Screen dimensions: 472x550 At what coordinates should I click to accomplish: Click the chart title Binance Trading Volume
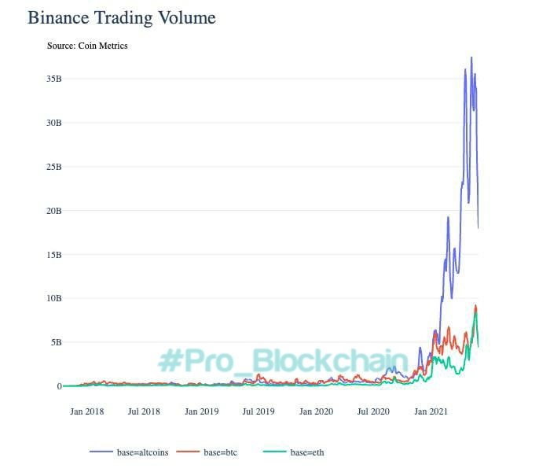tap(122, 17)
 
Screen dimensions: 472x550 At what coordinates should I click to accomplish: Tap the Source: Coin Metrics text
tap(87, 46)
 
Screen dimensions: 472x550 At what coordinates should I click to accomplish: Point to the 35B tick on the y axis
tap(53, 79)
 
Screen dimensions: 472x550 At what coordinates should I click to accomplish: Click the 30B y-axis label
tap(53, 123)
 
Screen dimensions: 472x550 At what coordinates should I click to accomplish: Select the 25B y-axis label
tap(53, 167)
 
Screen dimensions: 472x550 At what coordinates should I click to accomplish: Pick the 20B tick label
tap(53, 211)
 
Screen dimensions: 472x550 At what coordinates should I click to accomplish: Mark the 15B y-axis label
tap(53, 255)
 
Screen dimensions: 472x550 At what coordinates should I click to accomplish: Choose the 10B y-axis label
tap(53, 298)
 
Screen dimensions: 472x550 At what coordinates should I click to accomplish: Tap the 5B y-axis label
tap(56, 342)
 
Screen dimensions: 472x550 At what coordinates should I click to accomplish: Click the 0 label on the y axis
tap(58, 386)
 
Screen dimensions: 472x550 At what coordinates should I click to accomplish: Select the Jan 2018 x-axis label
tap(87, 411)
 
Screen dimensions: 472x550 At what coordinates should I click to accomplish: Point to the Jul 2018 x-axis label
tap(144, 411)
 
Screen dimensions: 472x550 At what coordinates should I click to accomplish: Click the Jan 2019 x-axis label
tap(202, 411)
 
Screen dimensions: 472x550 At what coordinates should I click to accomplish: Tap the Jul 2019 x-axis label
tap(258, 411)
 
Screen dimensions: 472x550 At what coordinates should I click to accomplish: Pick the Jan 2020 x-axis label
tap(317, 411)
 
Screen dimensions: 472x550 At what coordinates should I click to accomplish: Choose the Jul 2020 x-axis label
tap(373, 411)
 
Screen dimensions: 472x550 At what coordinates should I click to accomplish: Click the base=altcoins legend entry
tap(141, 452)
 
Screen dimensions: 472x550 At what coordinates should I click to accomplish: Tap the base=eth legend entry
tap(306, 452)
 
